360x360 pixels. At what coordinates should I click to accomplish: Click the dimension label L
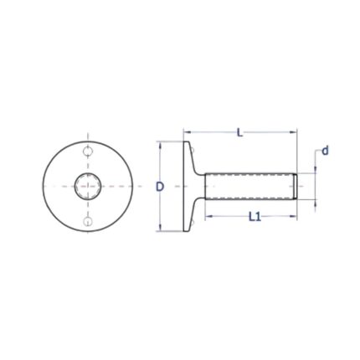(240, 132)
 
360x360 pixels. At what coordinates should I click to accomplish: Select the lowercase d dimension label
(325, 152)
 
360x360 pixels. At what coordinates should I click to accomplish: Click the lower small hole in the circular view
(88, 221)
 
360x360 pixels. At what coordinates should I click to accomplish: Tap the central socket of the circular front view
(88, 187)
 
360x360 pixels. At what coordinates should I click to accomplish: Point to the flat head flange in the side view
(187, 186)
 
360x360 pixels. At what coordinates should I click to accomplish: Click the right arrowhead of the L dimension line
(294, 132)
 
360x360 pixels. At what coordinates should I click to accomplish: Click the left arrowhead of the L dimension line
(187, 132)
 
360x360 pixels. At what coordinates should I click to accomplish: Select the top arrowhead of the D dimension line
(160, 144)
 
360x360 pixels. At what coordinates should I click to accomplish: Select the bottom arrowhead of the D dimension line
(160, 228)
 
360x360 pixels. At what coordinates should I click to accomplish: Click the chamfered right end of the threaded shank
(296, 186)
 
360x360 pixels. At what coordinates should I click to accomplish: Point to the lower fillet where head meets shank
(198, 205)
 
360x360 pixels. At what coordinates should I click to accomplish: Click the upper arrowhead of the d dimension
(316, 170)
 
